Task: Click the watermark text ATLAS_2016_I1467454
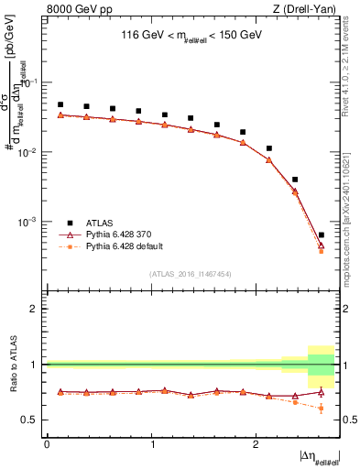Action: [x=191, y=273]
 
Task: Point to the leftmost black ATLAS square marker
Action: [x=60, y=104]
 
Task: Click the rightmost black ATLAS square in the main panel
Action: [x=321, y=235]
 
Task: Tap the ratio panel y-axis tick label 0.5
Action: [x=35, y=420]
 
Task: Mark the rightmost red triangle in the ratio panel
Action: [x=321, y=392]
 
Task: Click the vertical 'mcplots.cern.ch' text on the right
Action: [x=350, y=229]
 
